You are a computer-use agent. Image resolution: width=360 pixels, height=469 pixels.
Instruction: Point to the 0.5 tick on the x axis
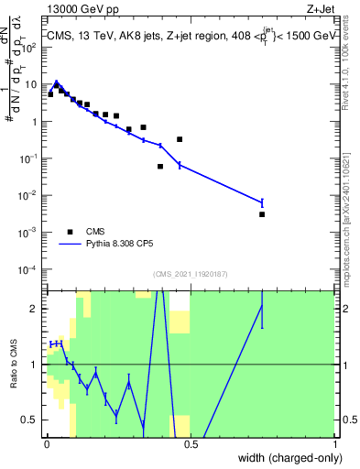[x=191, y=444]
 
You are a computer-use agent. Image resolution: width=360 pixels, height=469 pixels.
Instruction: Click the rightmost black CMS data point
[x=262, y=214]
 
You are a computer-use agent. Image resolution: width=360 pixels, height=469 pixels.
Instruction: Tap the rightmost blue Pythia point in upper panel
[x=262, y=202]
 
